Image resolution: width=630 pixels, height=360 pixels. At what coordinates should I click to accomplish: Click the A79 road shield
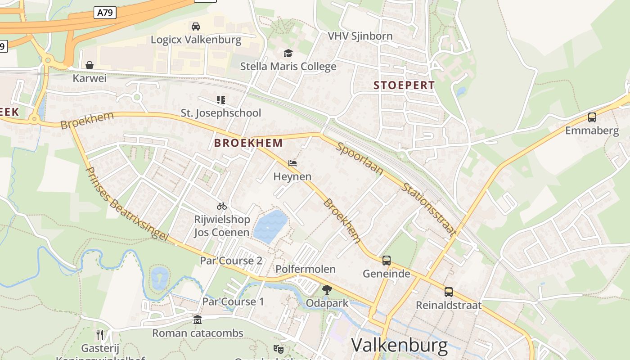105,13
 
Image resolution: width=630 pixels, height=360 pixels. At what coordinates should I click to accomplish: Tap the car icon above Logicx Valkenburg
196,27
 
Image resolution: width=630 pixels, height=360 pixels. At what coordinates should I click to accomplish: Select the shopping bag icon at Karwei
90,66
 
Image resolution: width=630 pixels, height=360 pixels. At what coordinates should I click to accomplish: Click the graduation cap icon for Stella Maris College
288,54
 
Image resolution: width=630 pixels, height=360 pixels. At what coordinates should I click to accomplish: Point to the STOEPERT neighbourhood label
404,85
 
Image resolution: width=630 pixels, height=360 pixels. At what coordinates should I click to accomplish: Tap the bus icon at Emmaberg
592,117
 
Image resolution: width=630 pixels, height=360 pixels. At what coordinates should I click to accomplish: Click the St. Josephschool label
220,112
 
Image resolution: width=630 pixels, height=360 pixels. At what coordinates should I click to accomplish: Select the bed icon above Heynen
292,163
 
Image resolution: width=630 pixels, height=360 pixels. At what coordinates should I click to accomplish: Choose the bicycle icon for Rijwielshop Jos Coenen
222,207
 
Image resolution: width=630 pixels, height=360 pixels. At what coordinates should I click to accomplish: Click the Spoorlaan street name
360,159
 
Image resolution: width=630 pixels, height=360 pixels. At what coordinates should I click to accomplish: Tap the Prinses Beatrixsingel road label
126,204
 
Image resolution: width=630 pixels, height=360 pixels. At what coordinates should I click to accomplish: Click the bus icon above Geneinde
386,260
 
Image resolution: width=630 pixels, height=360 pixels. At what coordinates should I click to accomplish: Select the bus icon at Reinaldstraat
449,292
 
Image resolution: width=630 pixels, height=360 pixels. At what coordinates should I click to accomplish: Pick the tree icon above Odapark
327,290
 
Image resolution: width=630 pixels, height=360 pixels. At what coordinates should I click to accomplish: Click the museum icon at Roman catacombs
197,320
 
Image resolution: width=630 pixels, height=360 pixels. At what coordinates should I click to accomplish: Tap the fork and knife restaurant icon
100,334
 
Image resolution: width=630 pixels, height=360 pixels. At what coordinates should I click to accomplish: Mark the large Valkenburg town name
399,345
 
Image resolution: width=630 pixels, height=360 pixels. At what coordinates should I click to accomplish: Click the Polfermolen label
305,269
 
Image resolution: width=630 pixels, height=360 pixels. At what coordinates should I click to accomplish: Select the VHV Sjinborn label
360,36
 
